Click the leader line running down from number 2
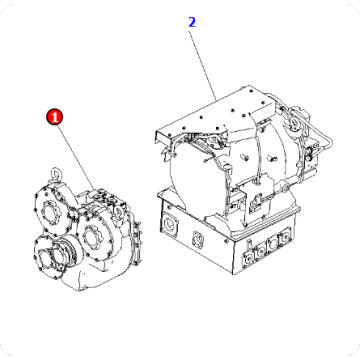(204, 59)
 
